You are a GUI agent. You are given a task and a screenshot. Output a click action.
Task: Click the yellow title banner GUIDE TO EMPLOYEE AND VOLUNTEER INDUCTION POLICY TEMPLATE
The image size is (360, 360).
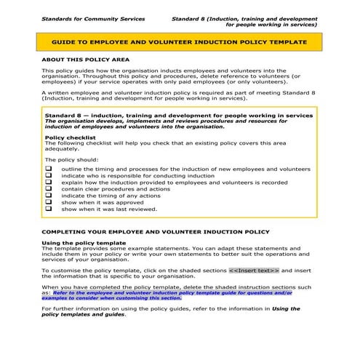click(179, 44)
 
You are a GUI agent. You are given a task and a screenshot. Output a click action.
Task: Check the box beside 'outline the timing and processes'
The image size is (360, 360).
click(49, 168)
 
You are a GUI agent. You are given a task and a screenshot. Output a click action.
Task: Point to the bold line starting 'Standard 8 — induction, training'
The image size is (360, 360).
click(178, 115)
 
